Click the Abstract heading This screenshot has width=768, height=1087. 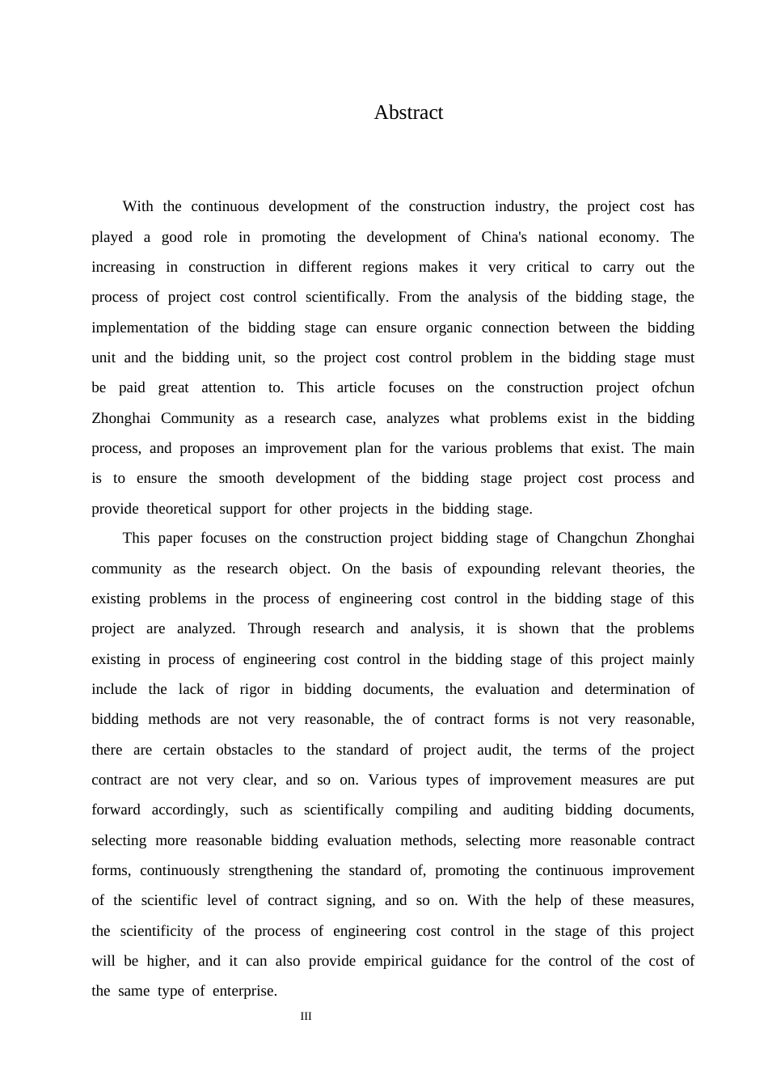click(x=408, y=112)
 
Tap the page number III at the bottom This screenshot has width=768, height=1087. click(x=306, y=1017)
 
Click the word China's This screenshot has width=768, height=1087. click(x=504, y=237)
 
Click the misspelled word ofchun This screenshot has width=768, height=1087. click(x=673, y=387)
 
